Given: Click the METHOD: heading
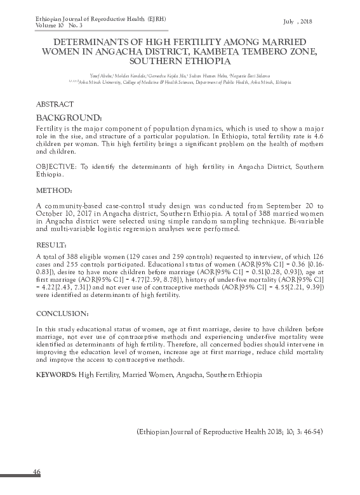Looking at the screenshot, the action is (x=54, y=190).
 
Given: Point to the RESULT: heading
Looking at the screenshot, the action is (x=52, y=244).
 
